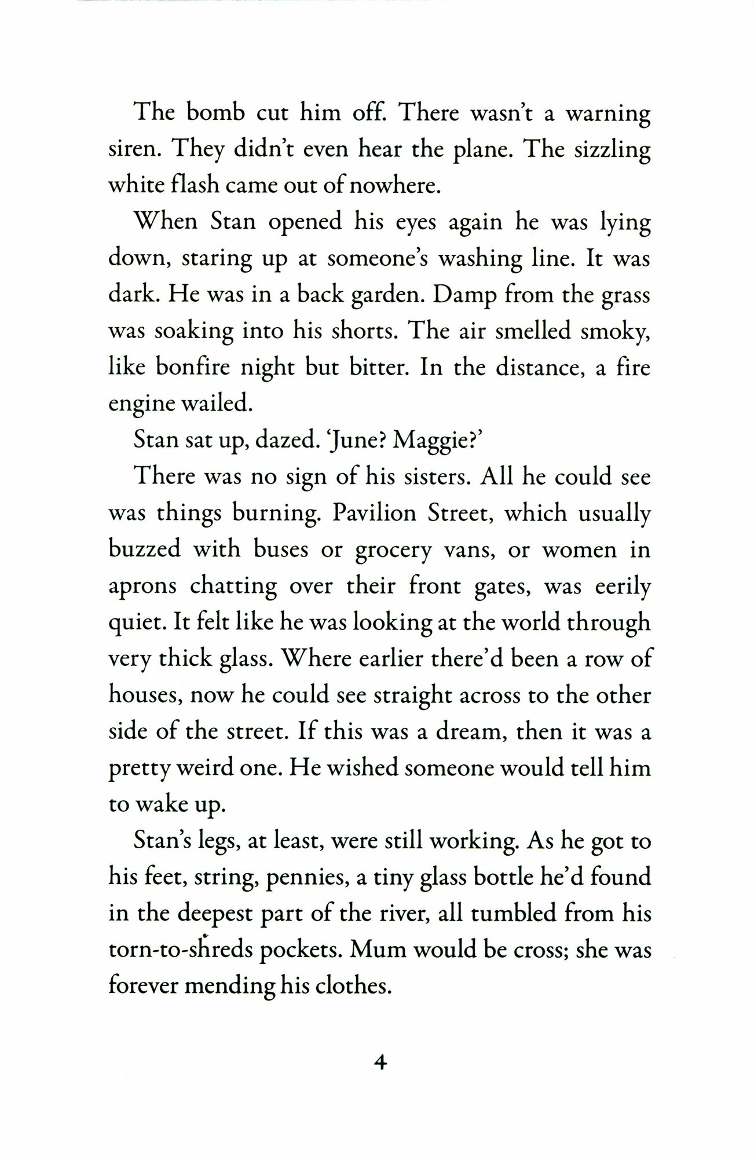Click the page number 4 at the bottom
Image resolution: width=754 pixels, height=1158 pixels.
(x=380, y=1063)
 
